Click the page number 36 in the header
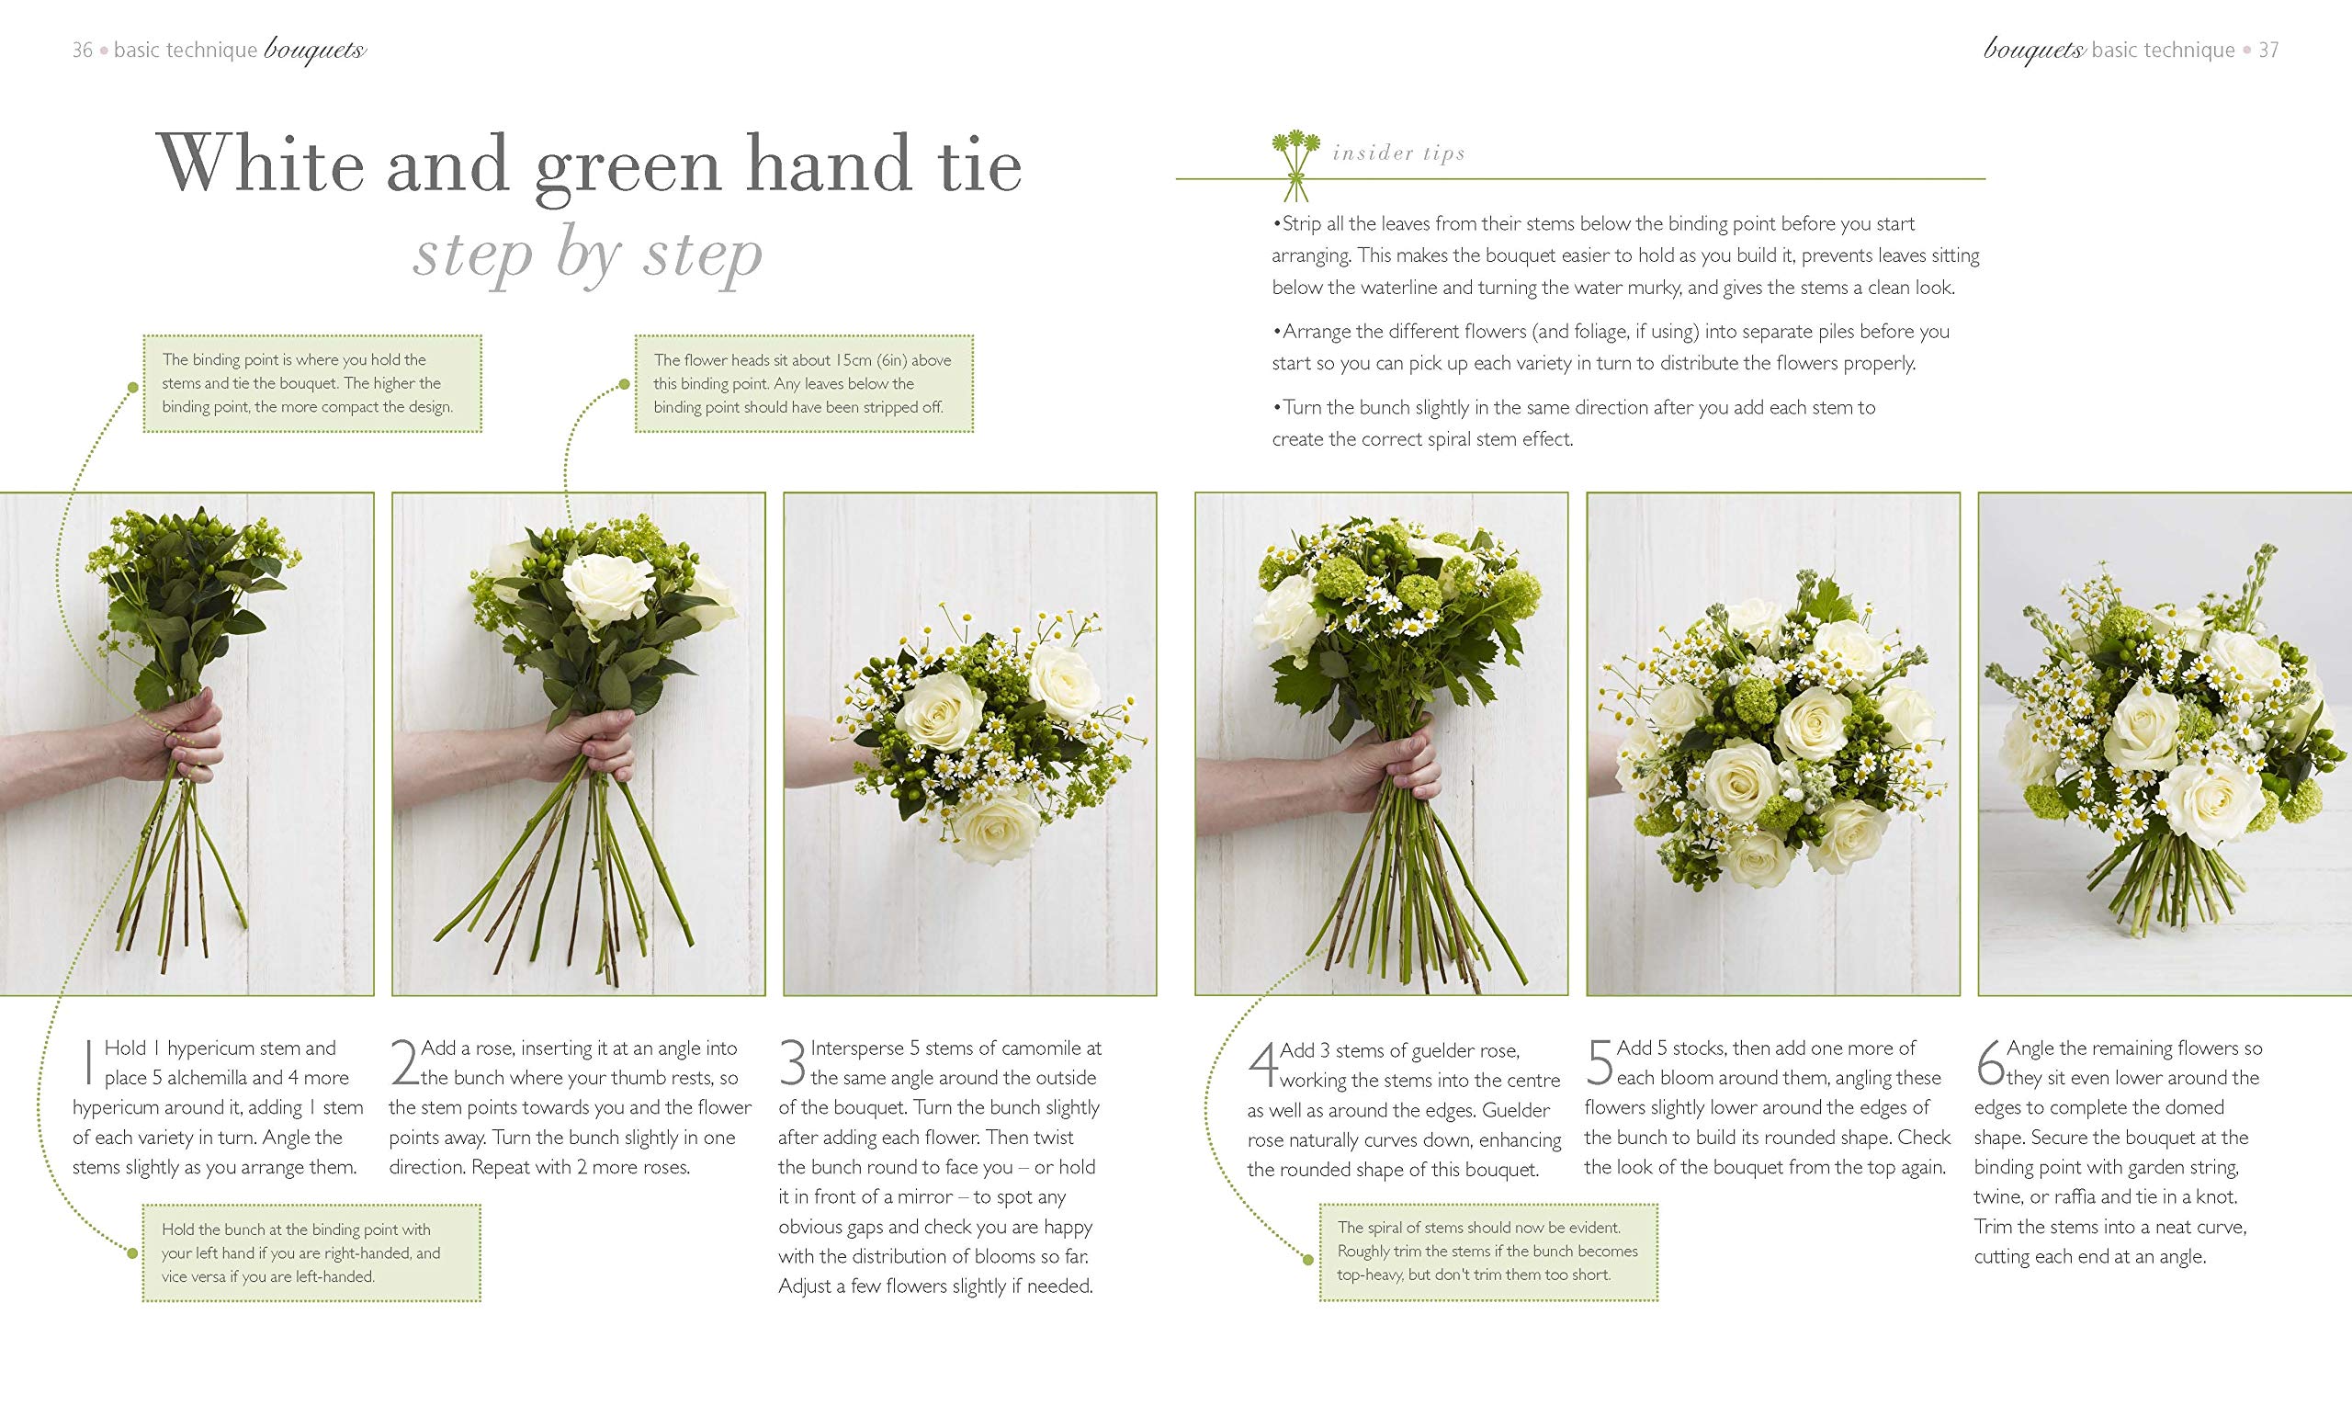tap(83, 51)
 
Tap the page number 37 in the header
tap(2268, 51)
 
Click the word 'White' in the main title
tap(260, 164)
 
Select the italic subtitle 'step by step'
tap(588, 254)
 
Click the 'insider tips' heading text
tap(1399, 153)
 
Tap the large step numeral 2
tap(404, 1062)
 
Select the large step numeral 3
tap(793, 1062)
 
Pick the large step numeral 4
tap(1262, 1065)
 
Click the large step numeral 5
tap(1599, 1062)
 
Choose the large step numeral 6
tap(1989, 1062)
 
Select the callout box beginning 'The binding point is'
tap(312, 383)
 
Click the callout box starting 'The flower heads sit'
tap(804, 383)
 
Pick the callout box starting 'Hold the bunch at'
tap(311, 1252)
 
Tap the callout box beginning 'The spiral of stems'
tap(1487, 1252)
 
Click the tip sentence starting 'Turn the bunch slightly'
tap(1573, 423)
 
